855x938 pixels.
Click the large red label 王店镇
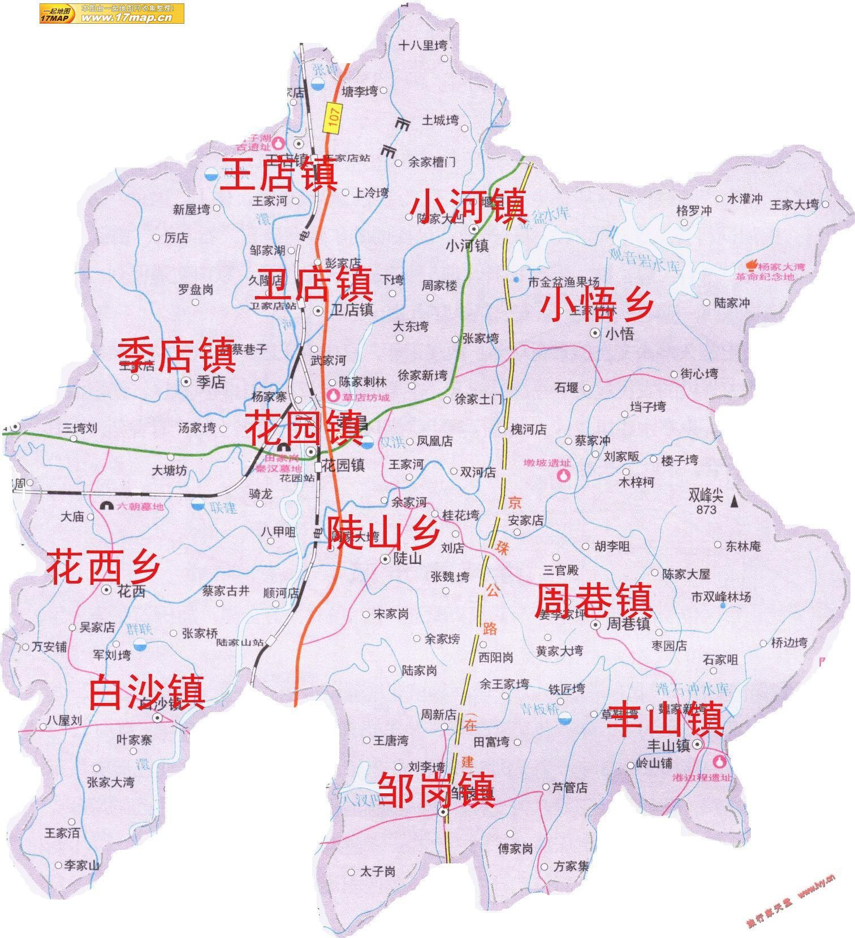coord(280,174)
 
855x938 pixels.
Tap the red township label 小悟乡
coord(597,305)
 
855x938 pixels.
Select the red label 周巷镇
coord(594,601)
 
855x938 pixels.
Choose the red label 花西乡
coord(103,566)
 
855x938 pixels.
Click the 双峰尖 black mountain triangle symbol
coord(735,501)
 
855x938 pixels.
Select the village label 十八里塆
coord(422,46)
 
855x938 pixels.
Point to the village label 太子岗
coord(377,872)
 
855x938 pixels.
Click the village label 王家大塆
coord(794,205)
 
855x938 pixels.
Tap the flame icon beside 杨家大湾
coord(753,264)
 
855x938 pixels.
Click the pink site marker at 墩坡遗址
coord(564,475)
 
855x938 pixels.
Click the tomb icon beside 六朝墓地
coord(105,506)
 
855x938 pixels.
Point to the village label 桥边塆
coord(790,642)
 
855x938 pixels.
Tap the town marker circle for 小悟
coord(595,333)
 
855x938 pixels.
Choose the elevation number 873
coord(706,510)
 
